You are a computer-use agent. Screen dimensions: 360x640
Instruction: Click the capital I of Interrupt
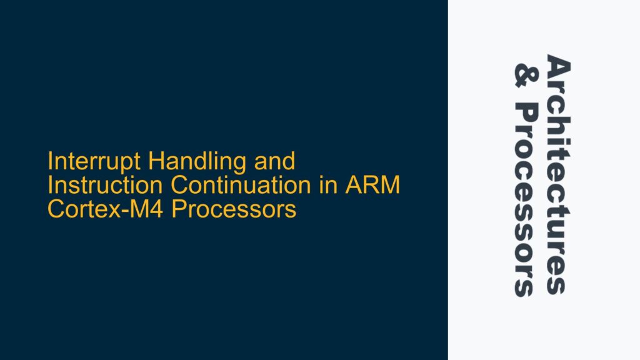[x=51, y=162]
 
